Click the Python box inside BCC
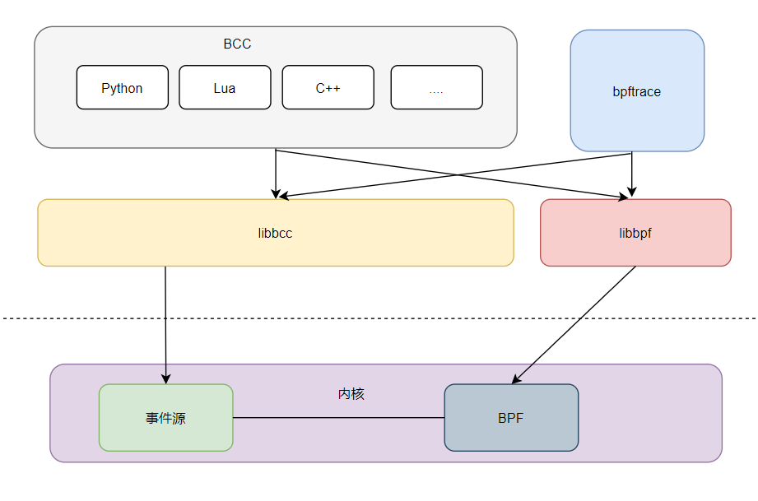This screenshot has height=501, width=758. [122, 88]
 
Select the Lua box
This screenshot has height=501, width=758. [225, 88]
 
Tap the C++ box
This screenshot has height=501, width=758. [328, 88]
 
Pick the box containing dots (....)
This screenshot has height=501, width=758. [436, 88]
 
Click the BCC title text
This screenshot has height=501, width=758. [237, 44]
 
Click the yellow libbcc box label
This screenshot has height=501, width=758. [275, 233]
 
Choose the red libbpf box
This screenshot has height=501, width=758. [635, 233]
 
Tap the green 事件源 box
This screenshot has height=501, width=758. [165, 418]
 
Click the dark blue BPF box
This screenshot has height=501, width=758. [510, 418]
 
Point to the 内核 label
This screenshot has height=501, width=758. [351, 394]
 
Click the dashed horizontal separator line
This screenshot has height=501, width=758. [379, 318]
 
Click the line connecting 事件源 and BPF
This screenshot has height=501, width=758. [338, 418]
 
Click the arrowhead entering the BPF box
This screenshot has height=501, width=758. [516, 379]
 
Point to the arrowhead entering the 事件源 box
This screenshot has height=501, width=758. [166, 378]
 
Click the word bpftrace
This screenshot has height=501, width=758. [637, 92]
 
